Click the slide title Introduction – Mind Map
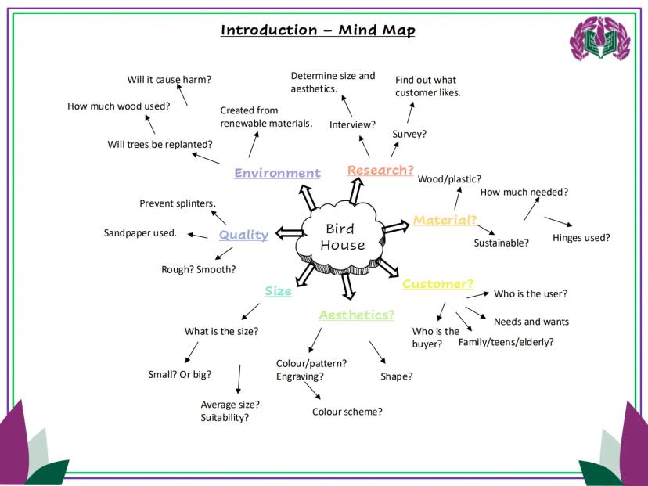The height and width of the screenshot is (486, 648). click(x=318, y=31)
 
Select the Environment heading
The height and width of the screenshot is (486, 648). click(x=277, y=173)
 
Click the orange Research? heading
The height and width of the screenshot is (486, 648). click(x=380, y=170)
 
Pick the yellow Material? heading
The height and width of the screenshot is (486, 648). click(x=445, y=220)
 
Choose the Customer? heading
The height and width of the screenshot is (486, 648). click(x=437, y=283)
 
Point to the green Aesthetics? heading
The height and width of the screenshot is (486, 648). click(x=356, y=315)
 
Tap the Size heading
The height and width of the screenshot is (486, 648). click(x=278, y=291)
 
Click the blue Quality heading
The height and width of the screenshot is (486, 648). click(x=243, y=235)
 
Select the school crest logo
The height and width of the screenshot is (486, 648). click(x=599, y=40)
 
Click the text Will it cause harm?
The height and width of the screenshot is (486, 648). click(x=169, y=79)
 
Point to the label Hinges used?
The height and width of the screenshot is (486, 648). click(x=581, y=238)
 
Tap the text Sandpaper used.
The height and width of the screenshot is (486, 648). click(x=140, y=232)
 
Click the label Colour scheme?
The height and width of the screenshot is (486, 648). click(x=347, y=412)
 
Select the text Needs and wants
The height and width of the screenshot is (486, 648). click(x=531, y=322)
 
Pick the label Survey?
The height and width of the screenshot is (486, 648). click(x=409, y=134)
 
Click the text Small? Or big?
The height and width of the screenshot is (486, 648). click(x=179, y=373)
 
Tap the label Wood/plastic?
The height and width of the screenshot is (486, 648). click(x=449, y=179)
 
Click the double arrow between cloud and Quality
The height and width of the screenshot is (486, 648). click(x=289, y=232)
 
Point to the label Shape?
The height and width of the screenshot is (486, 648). click(x=396, y=376)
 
